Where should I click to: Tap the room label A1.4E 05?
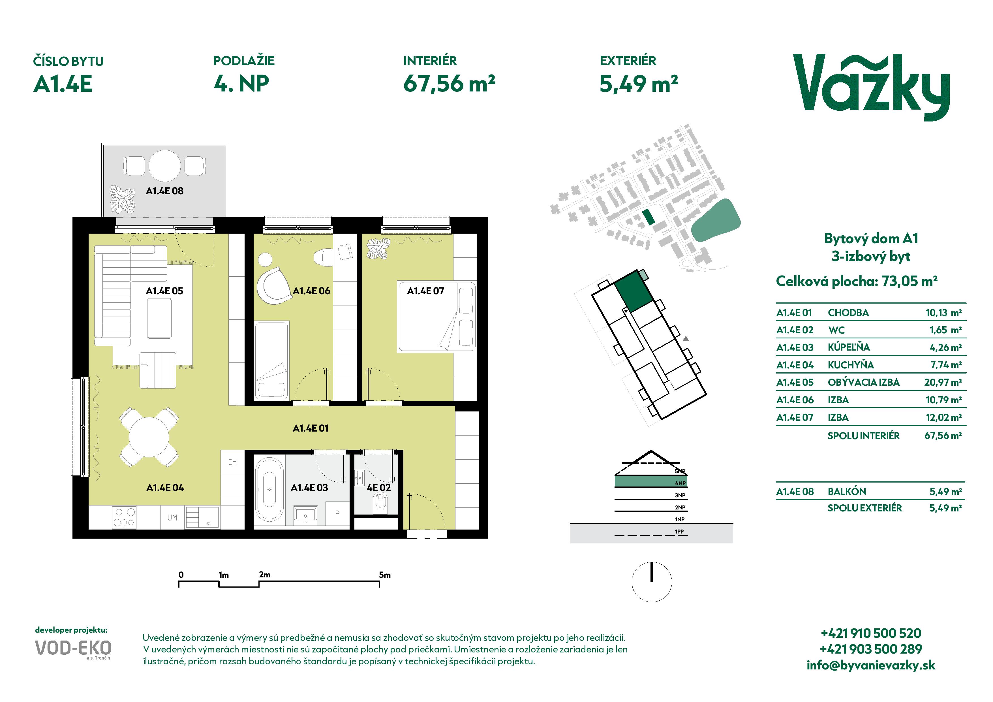164,291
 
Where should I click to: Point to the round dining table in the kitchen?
149,437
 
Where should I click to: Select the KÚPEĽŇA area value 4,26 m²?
945,347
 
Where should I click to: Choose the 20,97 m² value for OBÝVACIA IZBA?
943,382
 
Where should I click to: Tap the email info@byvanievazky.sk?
871,665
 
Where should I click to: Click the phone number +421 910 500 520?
871,633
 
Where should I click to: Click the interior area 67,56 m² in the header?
449,84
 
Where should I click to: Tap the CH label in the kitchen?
233,462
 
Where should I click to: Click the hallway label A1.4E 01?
311,428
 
